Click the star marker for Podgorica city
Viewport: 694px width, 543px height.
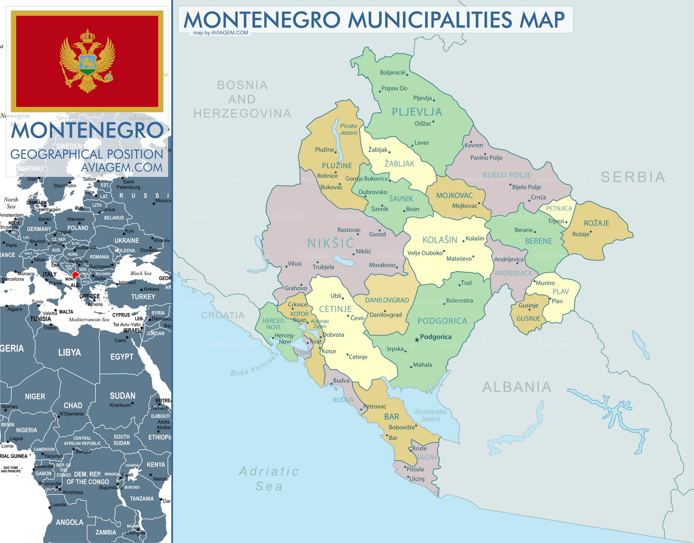tap(417, 339)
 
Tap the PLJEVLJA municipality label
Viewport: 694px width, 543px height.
tap(416, 112)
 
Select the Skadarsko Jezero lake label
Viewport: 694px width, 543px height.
tap(430, 415)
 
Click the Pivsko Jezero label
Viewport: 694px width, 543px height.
tap(349, 129)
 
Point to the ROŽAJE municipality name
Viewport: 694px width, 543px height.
tap(596, 223)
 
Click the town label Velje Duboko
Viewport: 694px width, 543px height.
tap(425, 253)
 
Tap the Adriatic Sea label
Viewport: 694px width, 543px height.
tap(269, 478)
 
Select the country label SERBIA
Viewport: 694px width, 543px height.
tap(633, 177)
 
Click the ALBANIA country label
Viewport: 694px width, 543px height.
tap(517, 387)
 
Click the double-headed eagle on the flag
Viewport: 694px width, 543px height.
tap(88, 61)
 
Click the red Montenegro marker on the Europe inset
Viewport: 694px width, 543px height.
tap(75, 274)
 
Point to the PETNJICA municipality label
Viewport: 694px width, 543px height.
tap(559, 208)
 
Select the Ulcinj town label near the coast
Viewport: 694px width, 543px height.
tap(417, 479)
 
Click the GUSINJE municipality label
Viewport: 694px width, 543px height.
tap(528, 319)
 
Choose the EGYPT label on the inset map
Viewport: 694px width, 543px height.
tap(121, 356)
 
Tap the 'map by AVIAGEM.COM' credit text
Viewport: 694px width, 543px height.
tap(220, 33)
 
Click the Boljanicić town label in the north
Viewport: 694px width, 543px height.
tap(393, 72)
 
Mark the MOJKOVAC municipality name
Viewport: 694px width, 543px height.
tap(454, 195)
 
